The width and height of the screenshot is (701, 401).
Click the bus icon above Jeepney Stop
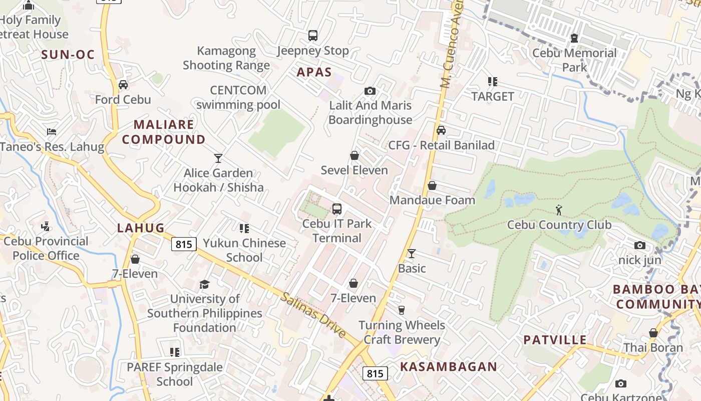pyautogui.click(x=313, y=36)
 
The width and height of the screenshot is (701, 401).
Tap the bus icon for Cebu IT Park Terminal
pyautogui.click(x=337, y=209)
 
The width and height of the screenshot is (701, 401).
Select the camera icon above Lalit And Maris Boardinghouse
pyautogui.click(x=370, y=91)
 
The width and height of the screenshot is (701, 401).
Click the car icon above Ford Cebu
pyautogui.click(x=123, y=85)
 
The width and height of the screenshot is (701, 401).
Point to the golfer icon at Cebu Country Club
pyautogui.click(x=559, y=210)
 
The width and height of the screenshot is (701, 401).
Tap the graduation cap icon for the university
pyautogui.click(x=204, y=284)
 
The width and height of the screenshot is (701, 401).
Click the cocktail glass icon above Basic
pyautogui.click(x=412, y=254)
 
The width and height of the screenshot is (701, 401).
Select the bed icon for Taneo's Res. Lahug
pyautogui.click(x=52, y=132)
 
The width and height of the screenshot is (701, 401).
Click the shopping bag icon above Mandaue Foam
pyautogui.click(x=432, y=185)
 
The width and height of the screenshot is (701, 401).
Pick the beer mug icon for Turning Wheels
pyautogui.click(x=402, y=310)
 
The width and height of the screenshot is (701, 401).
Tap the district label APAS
pyautogui.click(x=314, y=72)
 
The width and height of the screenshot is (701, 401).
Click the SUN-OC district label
pyautogui.click(x=68, y=55)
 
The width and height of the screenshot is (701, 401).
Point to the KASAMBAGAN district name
pyautogui.click(x=449, y=367)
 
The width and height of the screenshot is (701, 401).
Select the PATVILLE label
pyautogui.click(x=555, y=340)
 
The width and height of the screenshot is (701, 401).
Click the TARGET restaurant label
pyautogui.click(x=493, y=96)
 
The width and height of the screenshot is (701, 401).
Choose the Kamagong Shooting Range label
pyautogui.click(x=226, y=58)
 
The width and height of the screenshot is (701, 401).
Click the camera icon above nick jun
pyautogui.click(x=640, y=246)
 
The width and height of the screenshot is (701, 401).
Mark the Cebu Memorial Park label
pyautogui.click(x=574, y=60)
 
